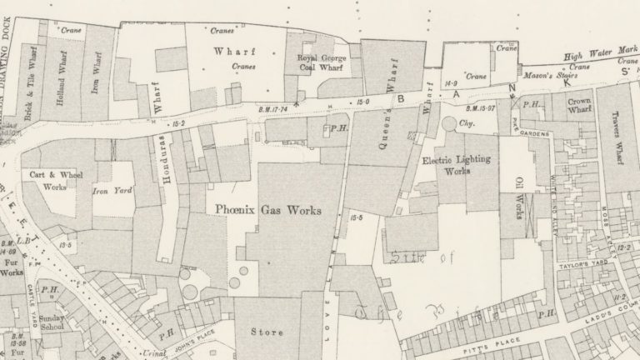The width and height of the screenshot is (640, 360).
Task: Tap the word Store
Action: (x=267, y=332)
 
